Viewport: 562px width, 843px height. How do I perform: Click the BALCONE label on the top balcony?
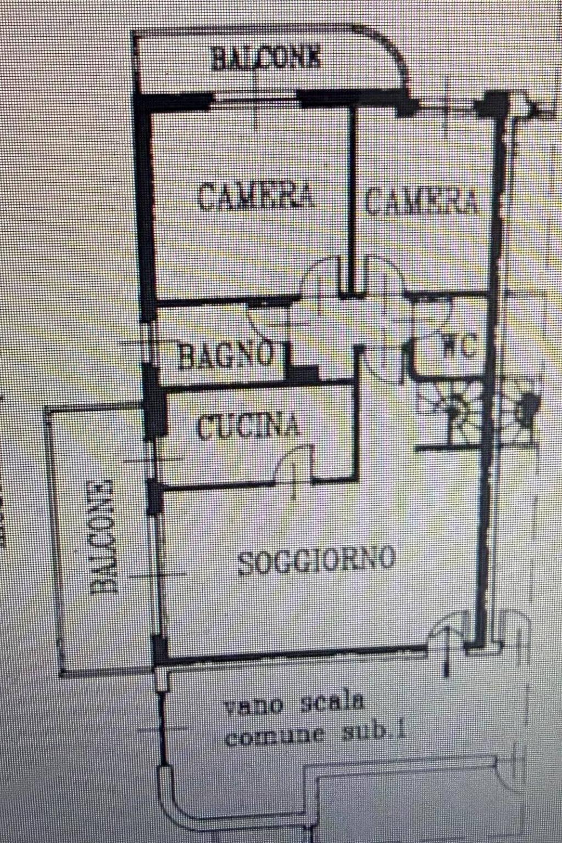[266, 58]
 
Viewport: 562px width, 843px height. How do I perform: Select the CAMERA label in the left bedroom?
[256, 196]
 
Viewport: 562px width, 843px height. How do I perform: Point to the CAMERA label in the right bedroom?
[421, 202]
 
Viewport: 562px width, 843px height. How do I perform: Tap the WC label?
[460, 345]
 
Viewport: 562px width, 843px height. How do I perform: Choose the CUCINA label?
[248, 426]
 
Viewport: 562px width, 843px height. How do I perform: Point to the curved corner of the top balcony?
[392, 53]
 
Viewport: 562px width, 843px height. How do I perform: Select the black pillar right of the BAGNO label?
[305, 375]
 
